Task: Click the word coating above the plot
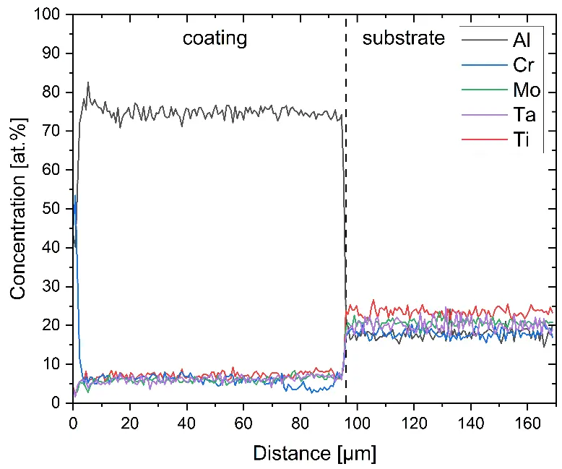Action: [x=214, y=38]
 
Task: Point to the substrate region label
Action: [x=404, y=38]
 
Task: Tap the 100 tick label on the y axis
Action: [x=53, y=15]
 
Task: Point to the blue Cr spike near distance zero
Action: [x=75, y=196]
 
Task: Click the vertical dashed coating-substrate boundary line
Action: [x=346, y=217]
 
